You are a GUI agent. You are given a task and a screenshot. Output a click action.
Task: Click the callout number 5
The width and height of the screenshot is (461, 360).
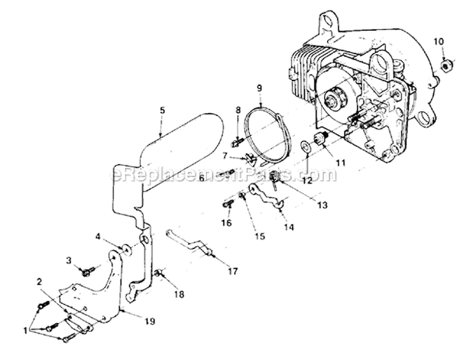click(x=162, y=111)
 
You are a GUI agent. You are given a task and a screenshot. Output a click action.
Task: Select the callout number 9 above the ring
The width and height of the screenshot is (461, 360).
click(x=260, y=88)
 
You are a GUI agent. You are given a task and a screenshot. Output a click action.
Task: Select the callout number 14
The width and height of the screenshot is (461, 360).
click(x=289, y=227)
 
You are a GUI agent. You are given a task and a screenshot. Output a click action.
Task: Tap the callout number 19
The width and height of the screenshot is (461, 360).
click(x=150, y=321)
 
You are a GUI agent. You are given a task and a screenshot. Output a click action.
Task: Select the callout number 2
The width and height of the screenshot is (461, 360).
click(x=39, y=282)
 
